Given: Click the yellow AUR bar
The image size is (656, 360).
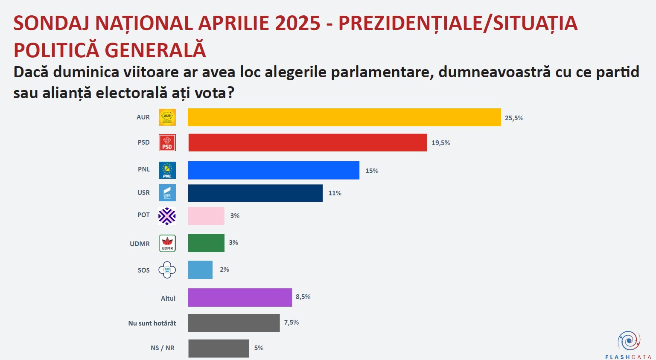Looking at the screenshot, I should coord(344,117).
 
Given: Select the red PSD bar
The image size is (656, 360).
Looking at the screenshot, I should coord(307,142).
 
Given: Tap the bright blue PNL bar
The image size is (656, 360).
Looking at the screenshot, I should coord(273,170).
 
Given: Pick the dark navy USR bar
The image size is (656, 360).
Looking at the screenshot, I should coord(255,193).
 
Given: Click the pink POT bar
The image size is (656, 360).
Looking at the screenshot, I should coord(206,216).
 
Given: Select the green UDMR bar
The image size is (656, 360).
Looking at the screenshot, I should coord(206,243).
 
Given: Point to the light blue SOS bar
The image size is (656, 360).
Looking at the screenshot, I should coord(200,270).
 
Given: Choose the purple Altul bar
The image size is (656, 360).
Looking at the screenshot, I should coord(239,297).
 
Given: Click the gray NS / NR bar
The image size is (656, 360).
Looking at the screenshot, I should coord(218,348).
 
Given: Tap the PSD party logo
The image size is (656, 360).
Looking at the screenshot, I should coord(167,142).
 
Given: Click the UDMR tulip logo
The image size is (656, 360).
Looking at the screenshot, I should coord(167,243).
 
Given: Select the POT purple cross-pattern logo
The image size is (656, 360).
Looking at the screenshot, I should coord(167,216).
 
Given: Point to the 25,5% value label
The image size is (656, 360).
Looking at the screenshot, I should coord(514,118).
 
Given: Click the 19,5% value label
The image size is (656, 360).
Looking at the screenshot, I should coord(440,143).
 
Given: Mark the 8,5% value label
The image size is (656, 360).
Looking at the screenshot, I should coord(303,297).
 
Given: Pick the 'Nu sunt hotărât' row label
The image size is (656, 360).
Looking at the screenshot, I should coord(152,323).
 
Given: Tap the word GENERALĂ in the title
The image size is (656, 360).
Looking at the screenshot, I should coord(155,50).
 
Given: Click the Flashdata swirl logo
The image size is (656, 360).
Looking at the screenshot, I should coord(628,341).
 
